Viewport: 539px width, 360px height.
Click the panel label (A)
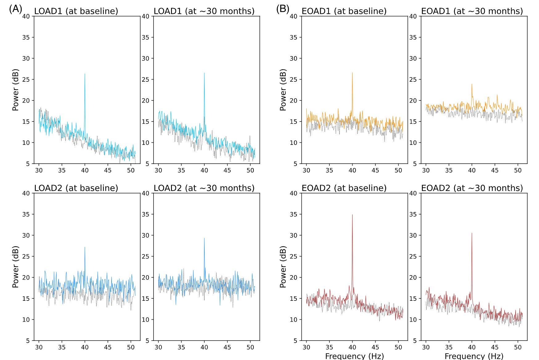15,9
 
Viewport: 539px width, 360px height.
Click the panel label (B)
283,9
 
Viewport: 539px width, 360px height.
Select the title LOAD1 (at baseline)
76,11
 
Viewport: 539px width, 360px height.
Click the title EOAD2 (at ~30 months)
472,188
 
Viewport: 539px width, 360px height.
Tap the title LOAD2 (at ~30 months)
204,188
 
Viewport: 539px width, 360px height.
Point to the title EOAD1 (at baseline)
344,11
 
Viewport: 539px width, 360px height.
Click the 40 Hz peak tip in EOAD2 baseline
352,215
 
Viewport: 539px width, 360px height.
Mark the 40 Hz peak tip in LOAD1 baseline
85,74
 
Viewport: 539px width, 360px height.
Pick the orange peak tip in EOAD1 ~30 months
472,84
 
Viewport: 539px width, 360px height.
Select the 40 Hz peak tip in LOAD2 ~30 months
204,238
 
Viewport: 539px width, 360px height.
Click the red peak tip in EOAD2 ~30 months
472,233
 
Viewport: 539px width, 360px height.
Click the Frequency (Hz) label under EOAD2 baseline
354,356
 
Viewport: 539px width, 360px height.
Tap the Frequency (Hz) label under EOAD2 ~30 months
474,356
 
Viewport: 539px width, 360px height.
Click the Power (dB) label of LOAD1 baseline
16,90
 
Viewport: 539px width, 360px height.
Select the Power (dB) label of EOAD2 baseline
283,267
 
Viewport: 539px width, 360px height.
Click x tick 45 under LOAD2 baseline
108,347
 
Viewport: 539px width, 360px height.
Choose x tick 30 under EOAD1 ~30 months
426,170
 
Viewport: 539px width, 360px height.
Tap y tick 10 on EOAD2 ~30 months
413,320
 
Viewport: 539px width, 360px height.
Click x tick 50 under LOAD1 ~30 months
250,170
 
